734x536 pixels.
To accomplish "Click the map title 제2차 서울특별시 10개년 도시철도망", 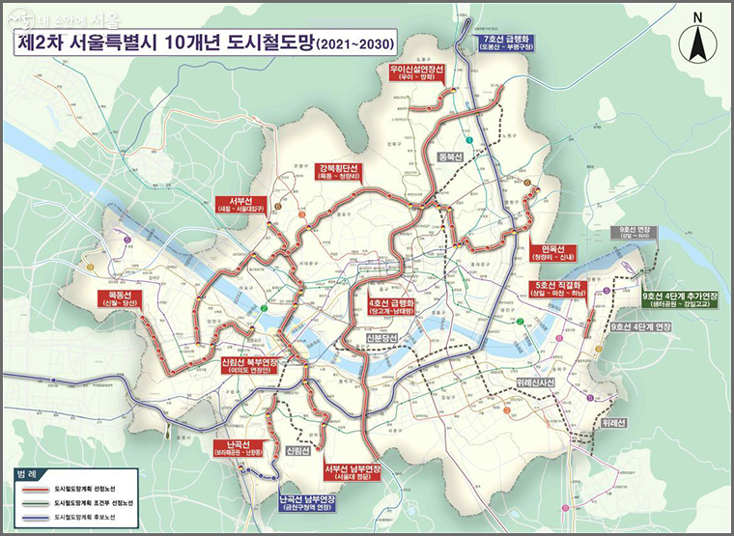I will click(183, 43).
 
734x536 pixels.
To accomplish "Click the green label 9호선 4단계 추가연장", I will click(681, 296).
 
